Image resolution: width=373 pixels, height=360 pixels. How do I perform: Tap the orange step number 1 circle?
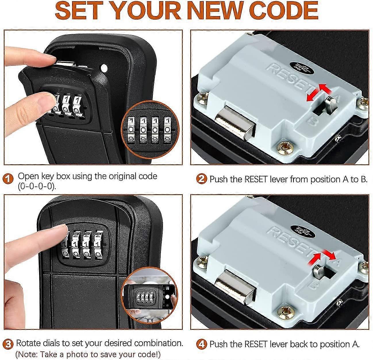coord(8,179)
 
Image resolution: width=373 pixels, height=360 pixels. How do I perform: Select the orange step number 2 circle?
coord(202,179)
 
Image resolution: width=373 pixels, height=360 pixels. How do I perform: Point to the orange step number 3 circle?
coord(8,344)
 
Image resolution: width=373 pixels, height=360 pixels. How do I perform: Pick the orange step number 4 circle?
coord(202,344)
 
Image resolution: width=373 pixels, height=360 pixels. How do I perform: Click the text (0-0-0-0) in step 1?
coord(37,186)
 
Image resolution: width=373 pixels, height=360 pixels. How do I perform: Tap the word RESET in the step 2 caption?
coord(256,179)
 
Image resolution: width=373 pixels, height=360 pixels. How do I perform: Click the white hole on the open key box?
coord(104,68)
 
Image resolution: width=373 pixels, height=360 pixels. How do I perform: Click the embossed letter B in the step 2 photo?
coord(312,121)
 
